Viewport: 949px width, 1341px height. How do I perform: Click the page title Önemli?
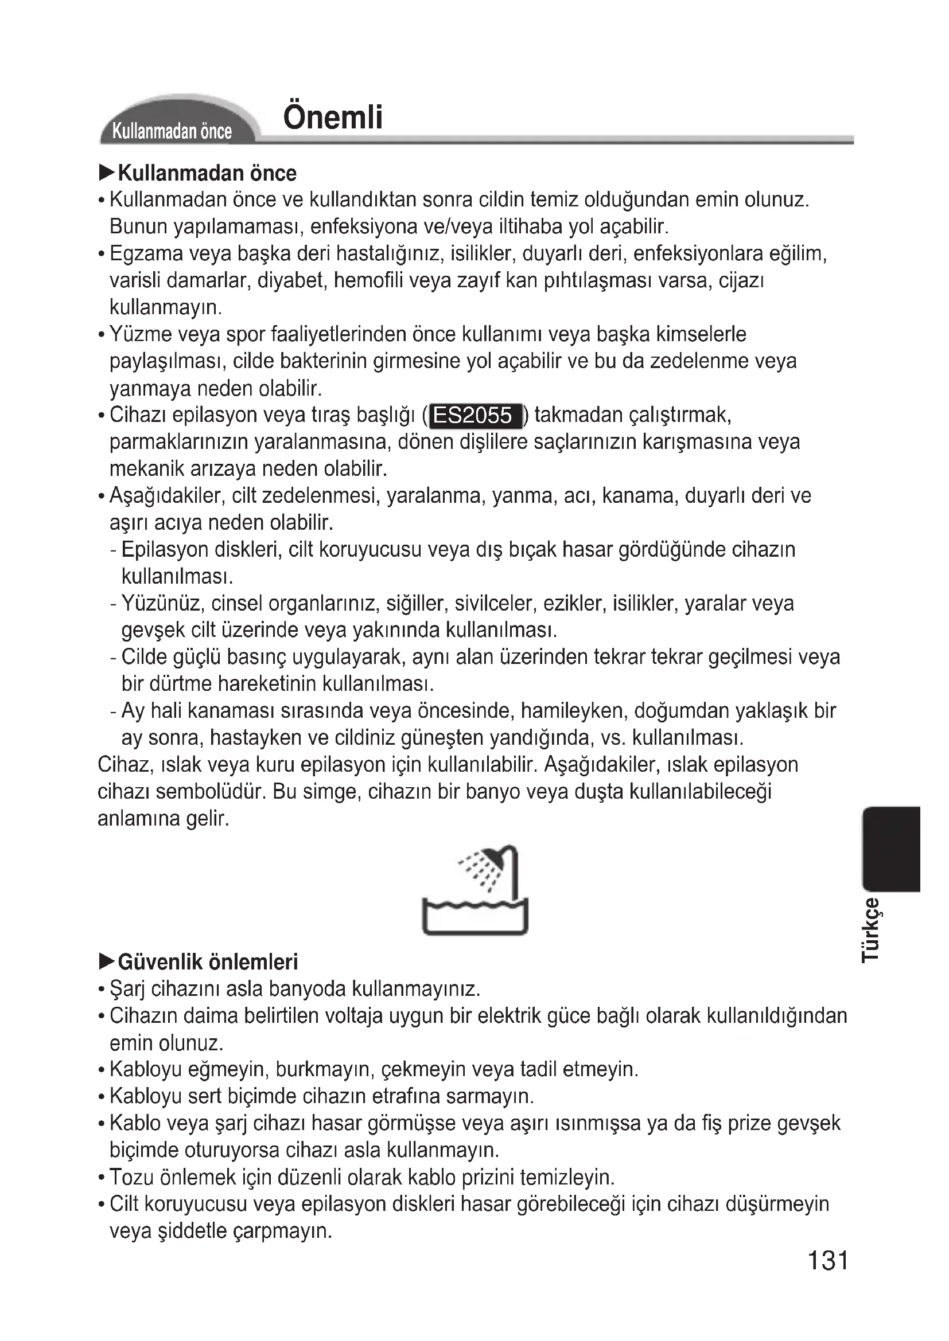pos(333,118)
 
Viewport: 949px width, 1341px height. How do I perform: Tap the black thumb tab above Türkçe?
pos(891,849)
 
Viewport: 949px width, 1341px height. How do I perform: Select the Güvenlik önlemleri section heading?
pos(208,961)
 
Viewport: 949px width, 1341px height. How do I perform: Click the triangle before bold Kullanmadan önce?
pos(107,173)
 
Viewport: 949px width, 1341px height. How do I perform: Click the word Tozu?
pos(131,1177)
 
